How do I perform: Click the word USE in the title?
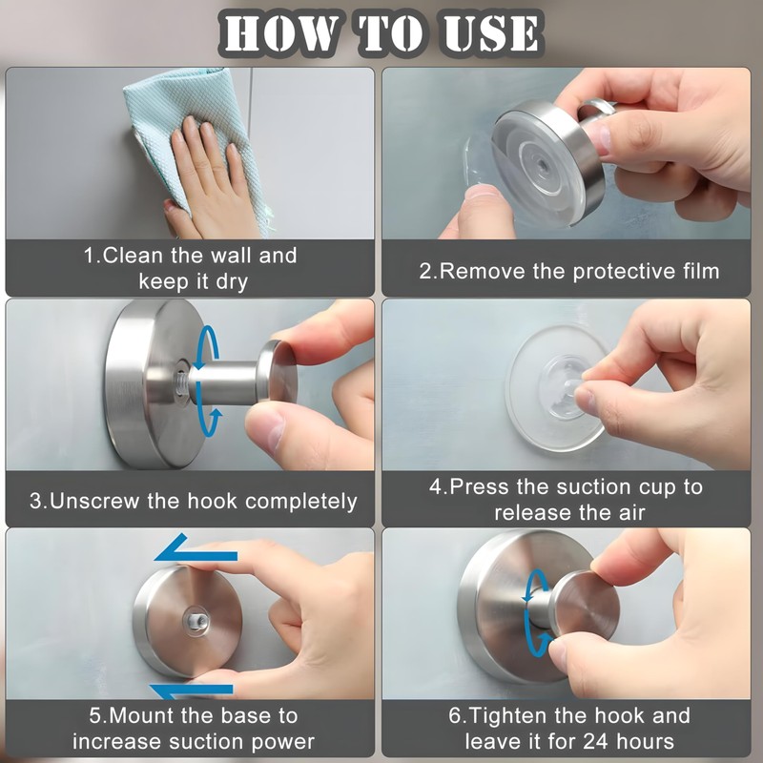[491, 33]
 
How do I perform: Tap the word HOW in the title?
[280, 33]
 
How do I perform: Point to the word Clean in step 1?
[134, 256]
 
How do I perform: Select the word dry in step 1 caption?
[232, 282]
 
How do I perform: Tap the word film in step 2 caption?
[700, 271]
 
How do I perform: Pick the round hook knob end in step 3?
[278, 372]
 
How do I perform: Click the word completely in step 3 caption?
[300, 503]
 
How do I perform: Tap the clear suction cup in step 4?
[556, 388]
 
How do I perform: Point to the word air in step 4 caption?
[631, 513]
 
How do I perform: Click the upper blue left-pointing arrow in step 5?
[196, 551]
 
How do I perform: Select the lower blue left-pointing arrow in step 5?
[192, 691]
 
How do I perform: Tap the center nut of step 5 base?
[196, 621]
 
